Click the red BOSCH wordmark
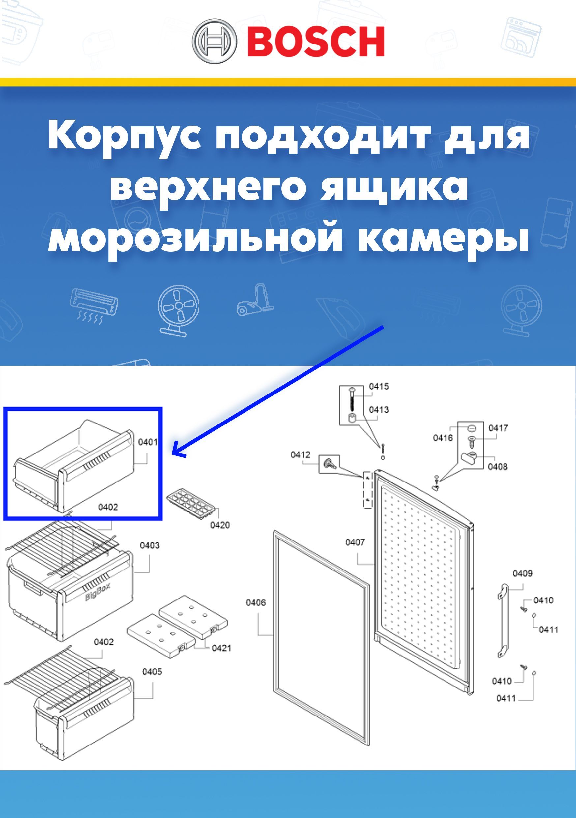point(316,41)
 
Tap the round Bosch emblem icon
point(215,41)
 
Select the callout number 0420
point(220,525)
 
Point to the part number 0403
point(150,545)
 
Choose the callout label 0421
point(221,648)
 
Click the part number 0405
point(152,672)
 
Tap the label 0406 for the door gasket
point(256,602)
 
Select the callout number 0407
point(355,542)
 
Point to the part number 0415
point(379,386)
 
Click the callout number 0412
point(300,454)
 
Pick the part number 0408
point(497,466)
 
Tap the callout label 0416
point(443,437)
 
